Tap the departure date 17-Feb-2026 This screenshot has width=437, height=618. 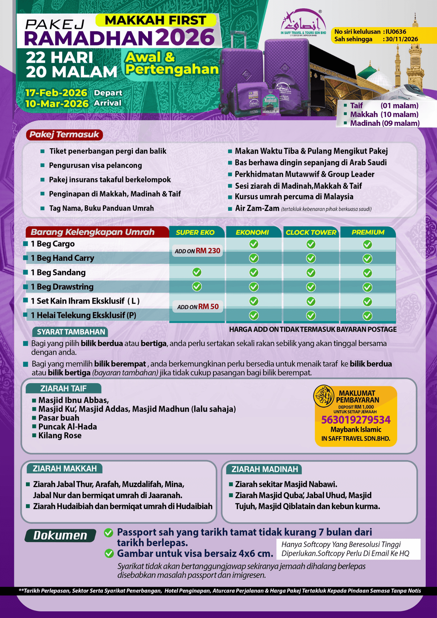56,93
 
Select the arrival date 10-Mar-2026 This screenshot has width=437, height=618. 57,104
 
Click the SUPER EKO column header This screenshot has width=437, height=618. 195,232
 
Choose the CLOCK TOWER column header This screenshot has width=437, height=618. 311,232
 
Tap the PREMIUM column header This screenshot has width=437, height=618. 368,232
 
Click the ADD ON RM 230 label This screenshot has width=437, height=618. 197,251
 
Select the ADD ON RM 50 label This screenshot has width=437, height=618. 198,307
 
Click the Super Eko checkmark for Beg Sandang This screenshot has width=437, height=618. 197,272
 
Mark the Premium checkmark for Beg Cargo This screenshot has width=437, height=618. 367,244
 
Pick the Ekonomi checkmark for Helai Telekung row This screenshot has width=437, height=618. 254,315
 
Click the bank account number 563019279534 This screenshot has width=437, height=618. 356,420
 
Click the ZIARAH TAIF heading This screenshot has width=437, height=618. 63,388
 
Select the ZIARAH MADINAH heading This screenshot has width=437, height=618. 265,469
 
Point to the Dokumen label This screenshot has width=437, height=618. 60,535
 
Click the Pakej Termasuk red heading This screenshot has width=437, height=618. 64,134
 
